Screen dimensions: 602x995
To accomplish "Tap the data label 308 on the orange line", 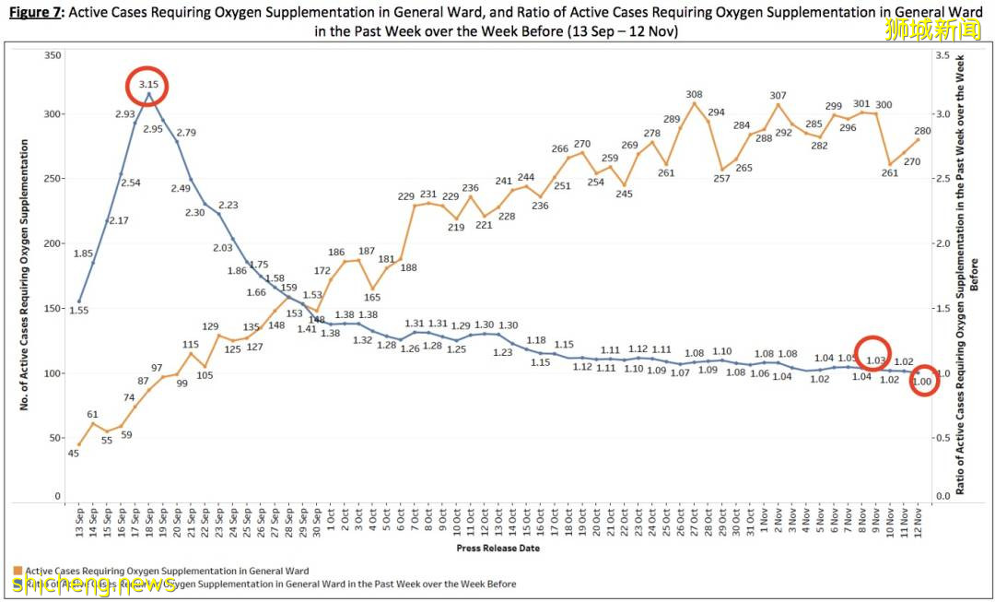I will pyautogui.click(x=695, y=94).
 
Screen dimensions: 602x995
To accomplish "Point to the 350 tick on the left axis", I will pyautogui.click(x=52, y=56).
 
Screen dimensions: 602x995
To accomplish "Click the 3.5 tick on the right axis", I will pyautogui.click(x=942, y=56).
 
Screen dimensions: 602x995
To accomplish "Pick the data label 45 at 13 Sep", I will pyautogui.click(x=73, y=453).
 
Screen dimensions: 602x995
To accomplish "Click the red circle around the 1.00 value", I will pyautogui.click(x=924, y=381).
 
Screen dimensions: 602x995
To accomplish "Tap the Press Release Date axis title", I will pyautogui.click(x=497, y=548).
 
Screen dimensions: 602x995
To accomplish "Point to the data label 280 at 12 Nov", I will pyautogui.click(x=922, y=131).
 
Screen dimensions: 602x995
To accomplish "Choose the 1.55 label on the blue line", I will pyautogui.click(x=78, y=312).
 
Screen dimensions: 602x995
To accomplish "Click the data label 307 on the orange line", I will pyautogui.click(x=778, y=96).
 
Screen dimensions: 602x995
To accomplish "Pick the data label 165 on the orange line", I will pyautogui.click(x=372, y=297).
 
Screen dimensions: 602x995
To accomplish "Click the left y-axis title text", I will pyautogui.click(x=25, y=274).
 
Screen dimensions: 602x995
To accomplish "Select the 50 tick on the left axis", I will pyautogui.click(x=54, y=438).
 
